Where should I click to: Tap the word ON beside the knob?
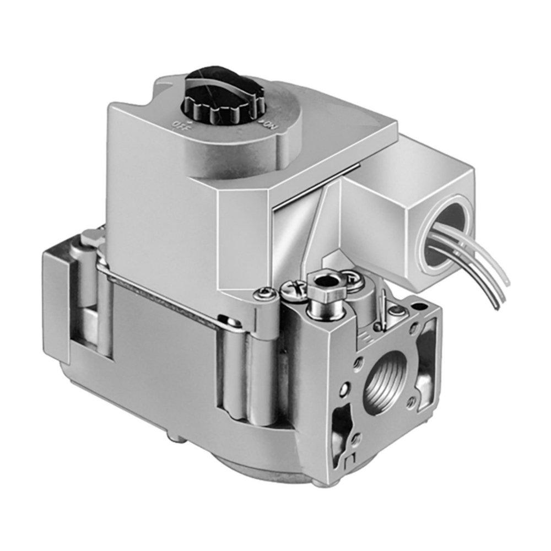coord(271,125)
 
